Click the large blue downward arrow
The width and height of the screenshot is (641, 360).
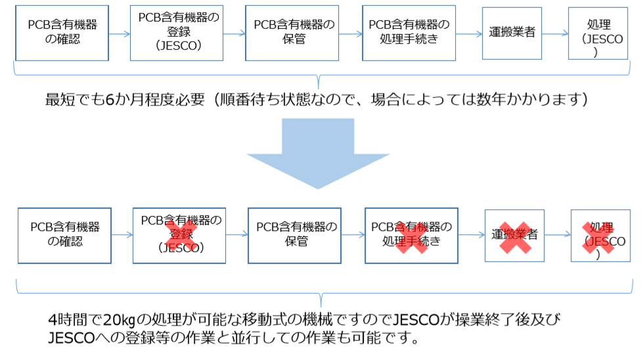pyautogui.click(x=319, y=152)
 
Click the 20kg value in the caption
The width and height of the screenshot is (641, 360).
pyautogui.click(x=118, y=320)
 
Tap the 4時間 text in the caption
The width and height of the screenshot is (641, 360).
pyautogui.click(x=65, y=320)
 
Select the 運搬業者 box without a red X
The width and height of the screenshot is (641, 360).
pyautogui.click(x=512, y=32)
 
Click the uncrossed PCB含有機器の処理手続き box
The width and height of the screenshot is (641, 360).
pyautogui.click(x=409, y=32)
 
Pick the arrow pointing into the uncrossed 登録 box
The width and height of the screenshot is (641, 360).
pyautogui.click(x=119, y=32)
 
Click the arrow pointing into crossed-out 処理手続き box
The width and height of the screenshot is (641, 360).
pyautogui.click(x=352, y=235)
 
